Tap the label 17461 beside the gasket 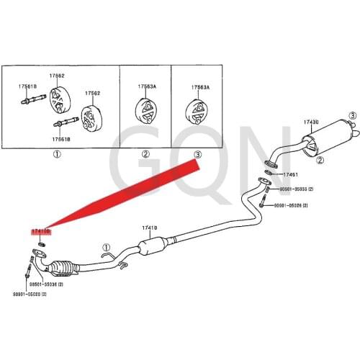pos(290,174)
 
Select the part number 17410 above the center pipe pos(149,228)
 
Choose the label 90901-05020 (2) pos(28,294)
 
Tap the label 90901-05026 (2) pos(291,205)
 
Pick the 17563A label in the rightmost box pos(200,87)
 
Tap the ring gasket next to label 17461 pos(269,173)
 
